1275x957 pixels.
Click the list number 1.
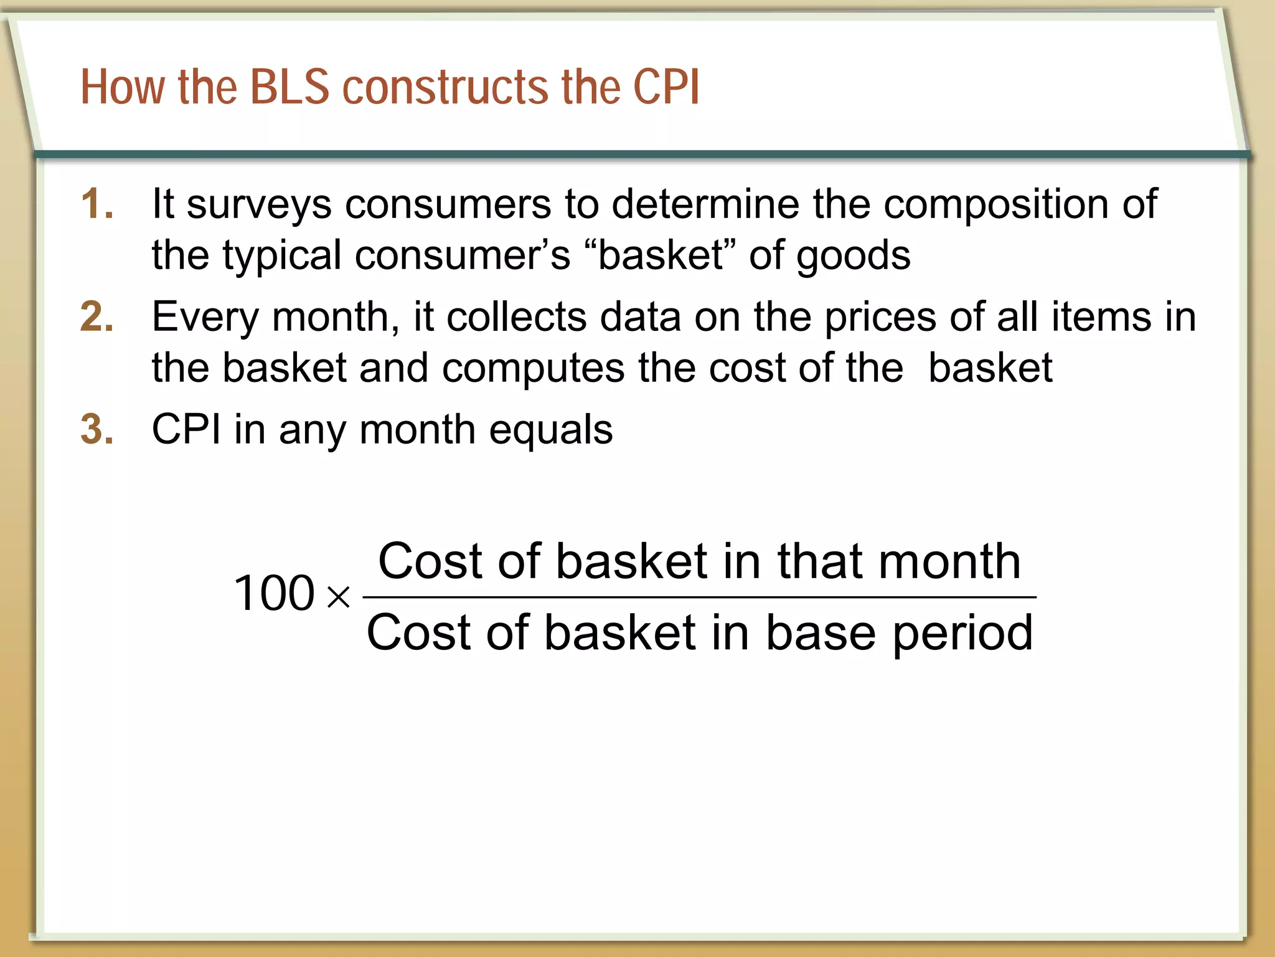pyautogui.click(x=97, y=204)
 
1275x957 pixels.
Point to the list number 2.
pyautogui.click(x=97, y=317)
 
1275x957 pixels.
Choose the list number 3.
pyautogui.click(x=97, y=429)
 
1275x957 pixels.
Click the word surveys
pyautogui.click(x=259, y=205)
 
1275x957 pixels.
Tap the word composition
pyautogui.click(x=995, y=205)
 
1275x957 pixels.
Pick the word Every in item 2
pyautogui.click(x=205, y=318)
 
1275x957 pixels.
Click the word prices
pyautogui.click(x=880, y=318)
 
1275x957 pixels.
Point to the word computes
pyautogui.click(x=533, y=368)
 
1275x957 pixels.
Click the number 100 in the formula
pyautogui.click(x=274, y=593)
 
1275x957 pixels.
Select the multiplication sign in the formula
pyautogui.click(x=339, y=597)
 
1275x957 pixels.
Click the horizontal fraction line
pyautogui.click(x=699, y=597)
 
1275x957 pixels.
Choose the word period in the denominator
pyautogui.click(x=962, y=633)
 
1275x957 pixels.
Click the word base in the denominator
pyautogui.click(x=821, y=633)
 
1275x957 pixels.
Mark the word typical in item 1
pyautogui.click(x=282, y=256)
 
